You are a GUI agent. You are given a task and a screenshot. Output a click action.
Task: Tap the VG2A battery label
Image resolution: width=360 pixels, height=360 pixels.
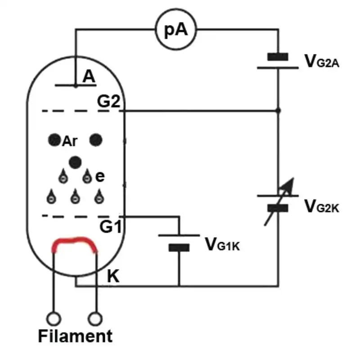pos(322,61)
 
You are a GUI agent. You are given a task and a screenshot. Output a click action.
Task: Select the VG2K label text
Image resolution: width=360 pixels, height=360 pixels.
pos(322,206)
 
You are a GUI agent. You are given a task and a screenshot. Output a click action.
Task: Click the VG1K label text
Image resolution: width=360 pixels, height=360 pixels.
pos(222,244)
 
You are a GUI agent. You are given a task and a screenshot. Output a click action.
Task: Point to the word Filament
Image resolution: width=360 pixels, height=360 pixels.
pos(75,336)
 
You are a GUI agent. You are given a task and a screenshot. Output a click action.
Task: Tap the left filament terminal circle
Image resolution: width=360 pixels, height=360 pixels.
pos(54,319)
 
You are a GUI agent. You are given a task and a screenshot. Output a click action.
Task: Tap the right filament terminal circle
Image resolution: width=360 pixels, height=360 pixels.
pos(95,319)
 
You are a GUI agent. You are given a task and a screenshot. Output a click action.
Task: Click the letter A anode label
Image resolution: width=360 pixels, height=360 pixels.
pos(89,76)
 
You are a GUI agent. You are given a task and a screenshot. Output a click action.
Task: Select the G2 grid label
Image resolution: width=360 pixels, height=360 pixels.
pos(108,101)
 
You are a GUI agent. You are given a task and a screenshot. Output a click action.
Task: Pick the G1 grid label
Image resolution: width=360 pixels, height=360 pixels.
pos(110,226)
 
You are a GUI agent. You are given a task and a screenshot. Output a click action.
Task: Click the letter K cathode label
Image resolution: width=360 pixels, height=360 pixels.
pos(113,276)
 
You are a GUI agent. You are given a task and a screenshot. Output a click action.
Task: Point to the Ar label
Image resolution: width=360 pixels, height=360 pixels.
pos(70,141)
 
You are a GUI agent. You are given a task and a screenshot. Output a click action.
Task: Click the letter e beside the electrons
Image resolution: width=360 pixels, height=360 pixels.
pos(100,176)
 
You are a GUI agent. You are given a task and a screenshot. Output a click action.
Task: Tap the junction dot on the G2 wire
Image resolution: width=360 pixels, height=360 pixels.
pos(278,111)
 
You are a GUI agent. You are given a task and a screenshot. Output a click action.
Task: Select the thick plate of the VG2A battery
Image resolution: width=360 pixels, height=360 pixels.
pos(278,57)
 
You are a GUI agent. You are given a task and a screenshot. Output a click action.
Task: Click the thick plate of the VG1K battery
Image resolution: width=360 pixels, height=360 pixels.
pos(179,248)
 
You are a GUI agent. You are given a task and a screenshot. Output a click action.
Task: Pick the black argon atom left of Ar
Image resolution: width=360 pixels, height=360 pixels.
pos(54,140)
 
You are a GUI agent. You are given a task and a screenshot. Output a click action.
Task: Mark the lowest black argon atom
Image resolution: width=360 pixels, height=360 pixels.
pos(75,162)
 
